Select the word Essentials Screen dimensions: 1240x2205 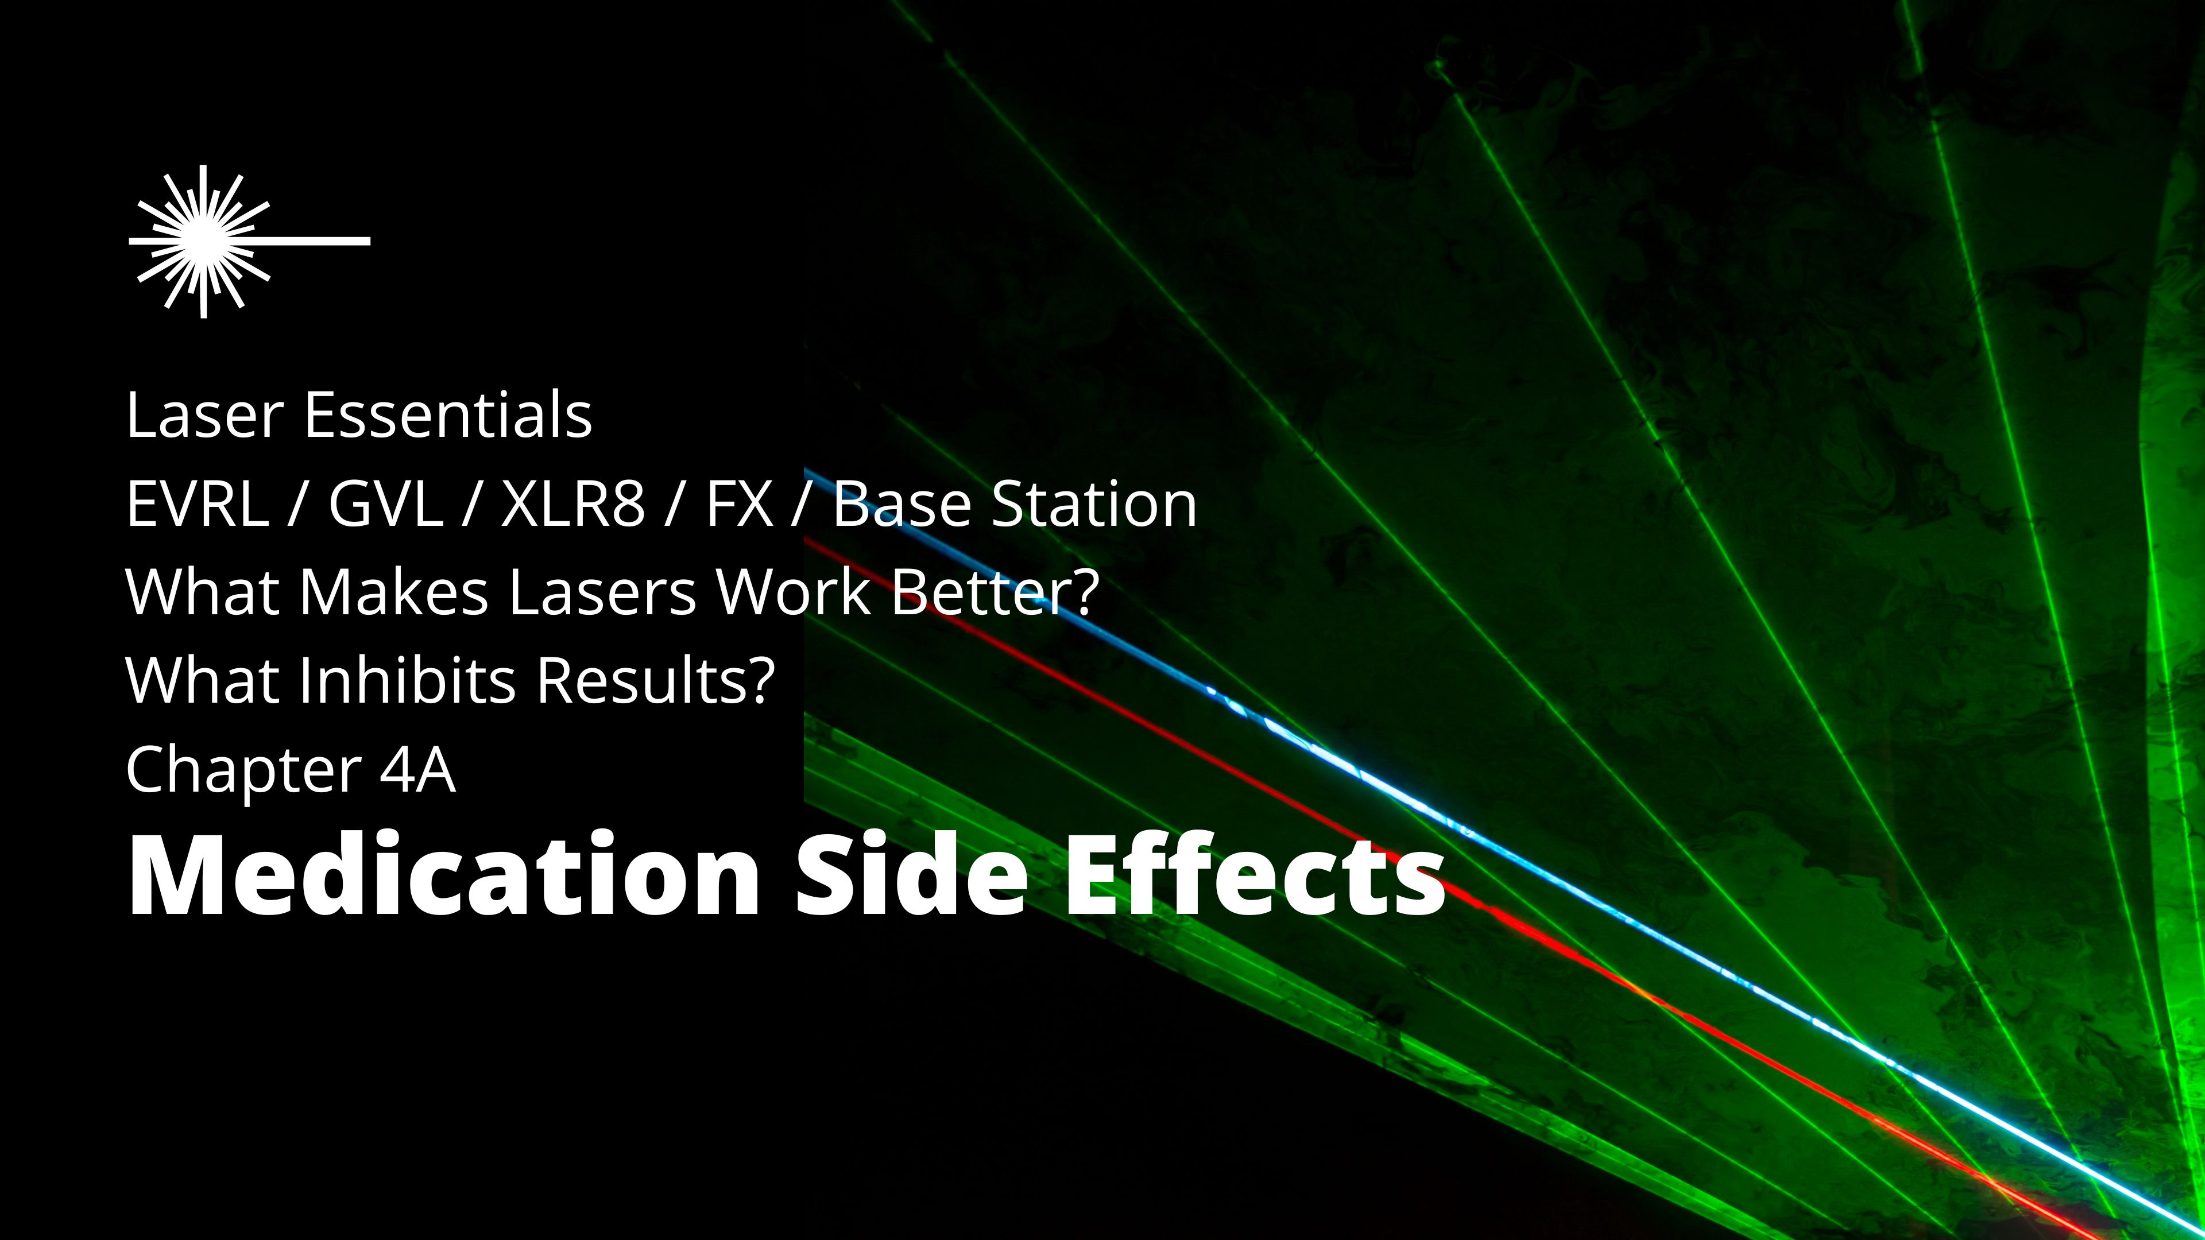point(448,415)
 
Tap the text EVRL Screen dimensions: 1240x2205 point(197,504)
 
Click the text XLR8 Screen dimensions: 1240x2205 point(572,504)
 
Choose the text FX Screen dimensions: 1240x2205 point(740,504)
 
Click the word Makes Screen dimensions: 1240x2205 point(394,592)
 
